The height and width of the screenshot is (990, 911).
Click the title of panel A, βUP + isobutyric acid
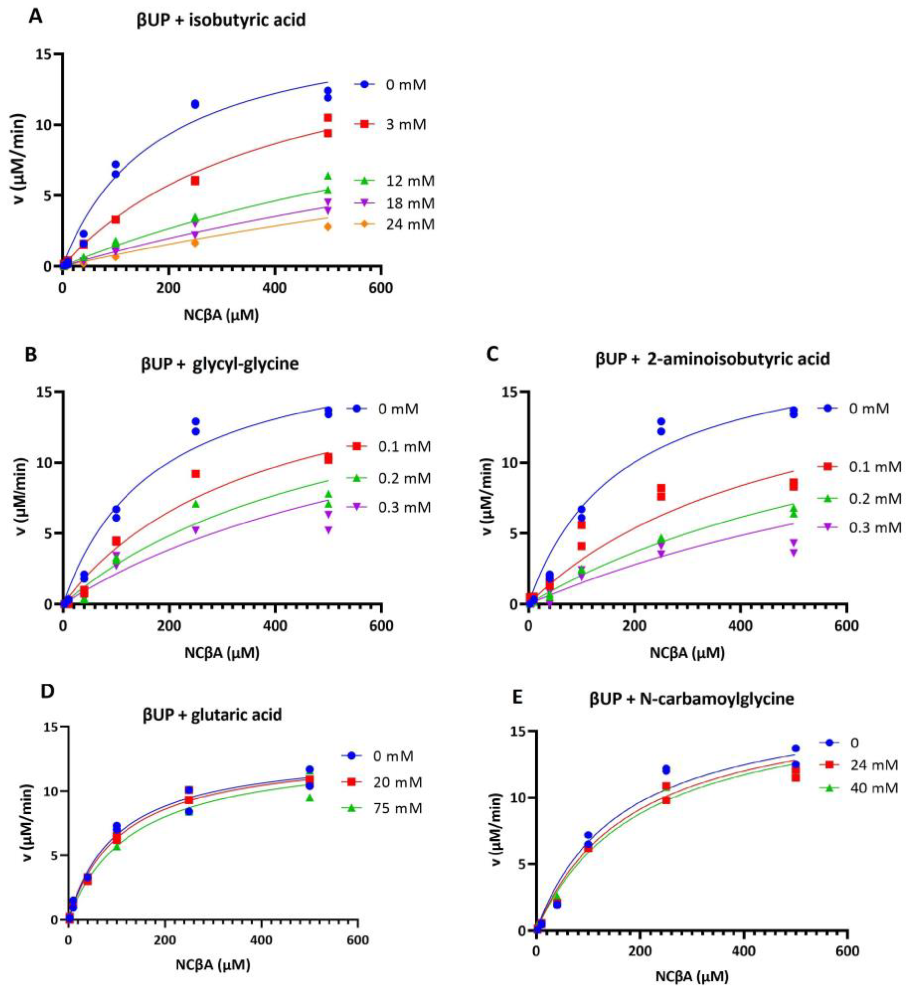pos(221,20)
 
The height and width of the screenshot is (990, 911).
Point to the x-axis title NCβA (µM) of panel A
pos(221,315)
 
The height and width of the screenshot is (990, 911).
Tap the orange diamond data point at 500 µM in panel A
pos(328,226)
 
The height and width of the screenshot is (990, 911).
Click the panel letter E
pos(518,698)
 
